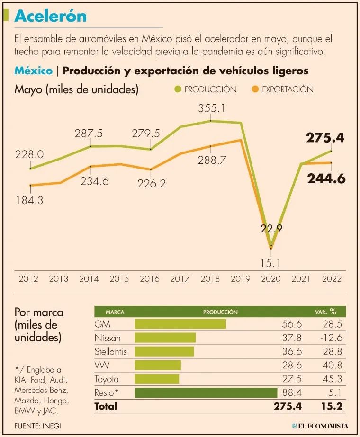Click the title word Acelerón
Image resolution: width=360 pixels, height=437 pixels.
[51, 16]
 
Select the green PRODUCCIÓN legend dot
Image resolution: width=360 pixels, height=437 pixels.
[177, 89]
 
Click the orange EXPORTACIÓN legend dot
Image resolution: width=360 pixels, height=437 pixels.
[255, 89]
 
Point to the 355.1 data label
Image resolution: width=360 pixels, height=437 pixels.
[212, 108]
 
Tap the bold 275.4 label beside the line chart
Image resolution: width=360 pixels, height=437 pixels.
[325, 138]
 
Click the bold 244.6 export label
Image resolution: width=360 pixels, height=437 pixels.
[326, 178]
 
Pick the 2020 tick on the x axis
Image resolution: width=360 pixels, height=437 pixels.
[270, 278]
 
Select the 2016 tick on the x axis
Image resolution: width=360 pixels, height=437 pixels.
[150, 278]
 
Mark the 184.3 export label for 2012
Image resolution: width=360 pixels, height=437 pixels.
[29, 200]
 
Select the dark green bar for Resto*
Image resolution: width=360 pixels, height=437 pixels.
[206, 392]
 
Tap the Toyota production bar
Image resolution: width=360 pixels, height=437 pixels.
[157, 379]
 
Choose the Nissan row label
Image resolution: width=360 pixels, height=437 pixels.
[108, 338]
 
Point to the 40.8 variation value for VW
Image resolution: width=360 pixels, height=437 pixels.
[332, 365]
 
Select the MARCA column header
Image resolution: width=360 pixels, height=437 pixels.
[115, 312]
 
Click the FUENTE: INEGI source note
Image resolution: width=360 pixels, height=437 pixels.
[37, 426]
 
